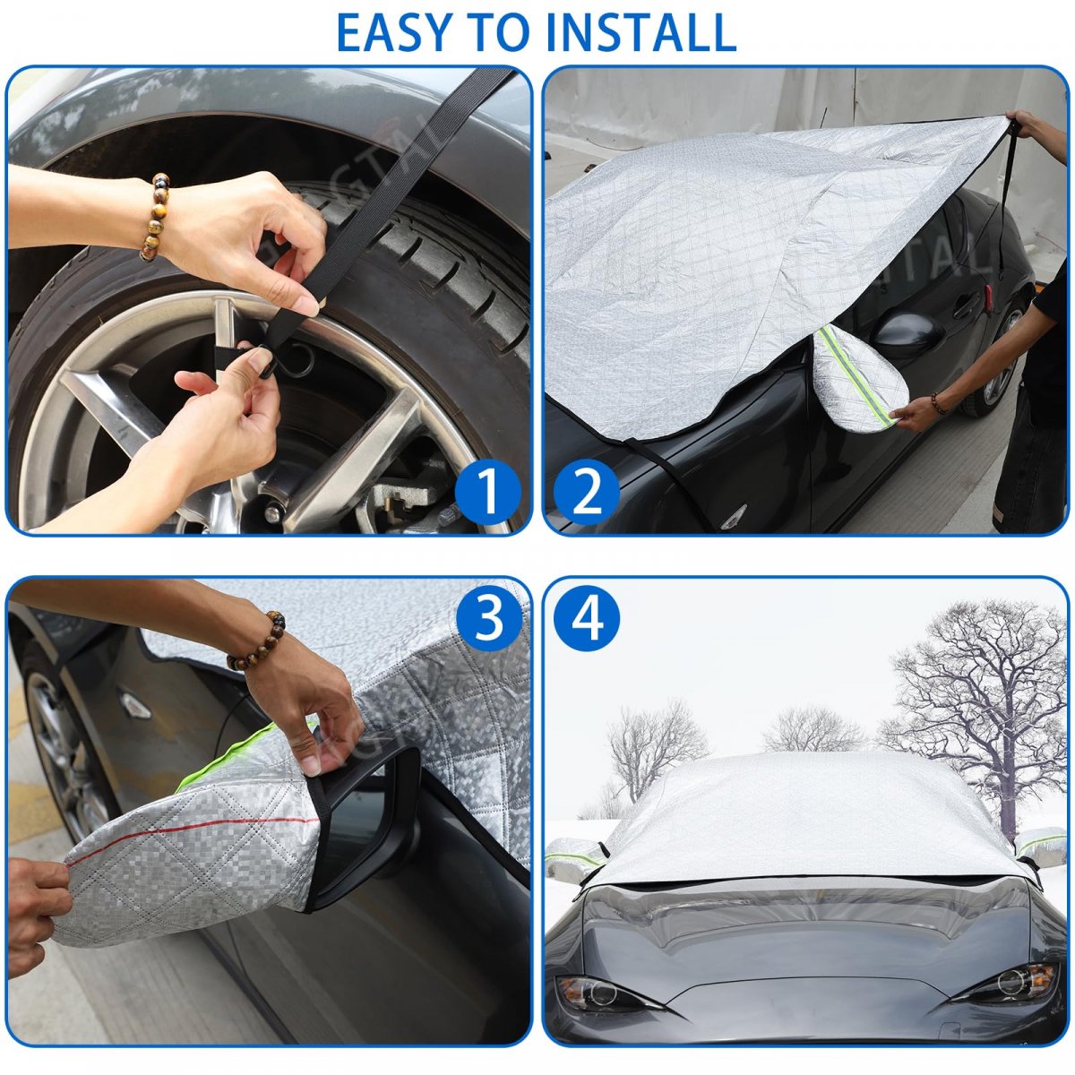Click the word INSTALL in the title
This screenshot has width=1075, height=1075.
pyautogui.click(x=641, y=31)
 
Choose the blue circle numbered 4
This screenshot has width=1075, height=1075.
pyautogui.click(x=586, y=619)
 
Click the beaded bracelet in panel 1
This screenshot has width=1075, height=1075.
pyautogui.click(x=154, y=217)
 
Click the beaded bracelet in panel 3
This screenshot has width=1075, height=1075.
pyautogui.click(x=258, y=640)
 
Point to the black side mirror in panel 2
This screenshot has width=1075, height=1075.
pyautogui.click(x=907, y=334)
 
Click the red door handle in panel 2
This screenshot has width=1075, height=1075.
pyautogui.click(x=988, y=294)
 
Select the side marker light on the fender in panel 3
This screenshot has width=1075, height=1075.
pyautogui.click(x=133, y=705)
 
